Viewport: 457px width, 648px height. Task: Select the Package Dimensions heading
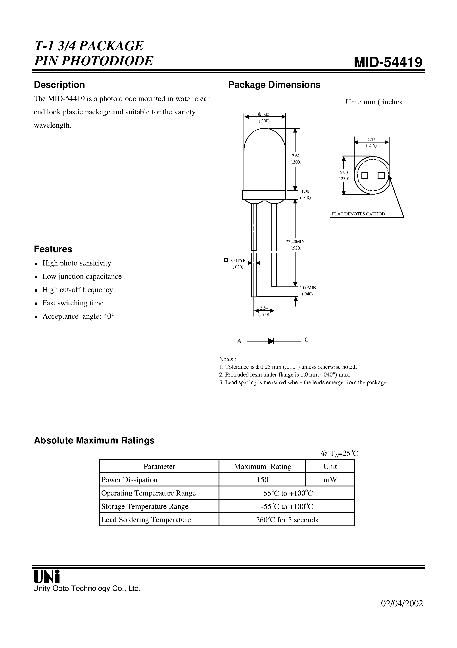pyautogui.click(x=274, y=85)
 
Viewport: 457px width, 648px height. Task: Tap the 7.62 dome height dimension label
pyautogui.click(x=296, y=156)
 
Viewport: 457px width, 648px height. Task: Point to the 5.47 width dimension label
pyautogui.click(x=371, y=139)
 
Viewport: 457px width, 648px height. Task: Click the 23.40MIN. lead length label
pyautogui.click(x=296, y=242)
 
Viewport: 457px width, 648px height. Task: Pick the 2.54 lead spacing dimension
pyautogui.click(x=263, y=308)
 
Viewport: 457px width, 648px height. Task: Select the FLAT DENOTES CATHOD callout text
pyautogui.click(x=358, y=214)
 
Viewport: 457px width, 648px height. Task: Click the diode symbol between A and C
pyautogui.click(x=271, y=341)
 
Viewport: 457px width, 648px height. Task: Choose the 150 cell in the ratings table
pyautogui.click(x=262, y=480)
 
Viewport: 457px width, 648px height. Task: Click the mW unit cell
pyautogui.click(x=330, y=480)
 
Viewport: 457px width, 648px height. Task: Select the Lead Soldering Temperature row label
pyautogui.click(x=146, y=520)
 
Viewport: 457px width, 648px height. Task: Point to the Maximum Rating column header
pyautogui.click(x=262, y=466)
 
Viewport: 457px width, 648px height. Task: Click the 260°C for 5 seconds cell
pyautogui.click(x=286, y=520)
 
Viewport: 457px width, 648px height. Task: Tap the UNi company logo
pyautogui.click(x=46, y=576)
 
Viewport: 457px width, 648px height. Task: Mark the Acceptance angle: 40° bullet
pyautogui.click(x=78, y=316)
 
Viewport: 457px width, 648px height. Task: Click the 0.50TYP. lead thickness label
pyautogui.click(x=238, y=260)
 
